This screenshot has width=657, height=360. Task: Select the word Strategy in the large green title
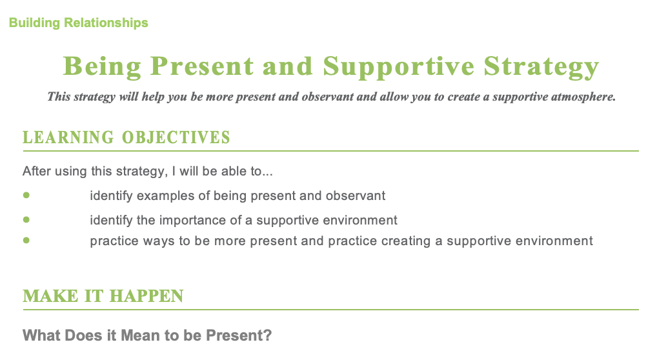tap(541, 67)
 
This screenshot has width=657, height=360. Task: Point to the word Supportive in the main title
tap(398, 67)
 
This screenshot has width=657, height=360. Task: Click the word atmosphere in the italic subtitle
tap(583, 97)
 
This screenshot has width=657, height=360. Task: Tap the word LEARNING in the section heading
tap(68, 137)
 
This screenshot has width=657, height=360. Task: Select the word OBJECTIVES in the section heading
tap(176, 137)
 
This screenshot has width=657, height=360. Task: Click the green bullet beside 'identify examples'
tap(26, 195)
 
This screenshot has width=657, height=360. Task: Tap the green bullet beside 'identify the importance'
tap(26, 219)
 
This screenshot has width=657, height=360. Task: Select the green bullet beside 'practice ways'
tap(26, 240)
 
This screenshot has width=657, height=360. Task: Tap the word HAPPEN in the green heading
tap(147, 296)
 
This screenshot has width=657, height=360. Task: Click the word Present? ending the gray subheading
tap(239, 335)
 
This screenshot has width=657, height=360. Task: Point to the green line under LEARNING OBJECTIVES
tap(330, 151)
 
